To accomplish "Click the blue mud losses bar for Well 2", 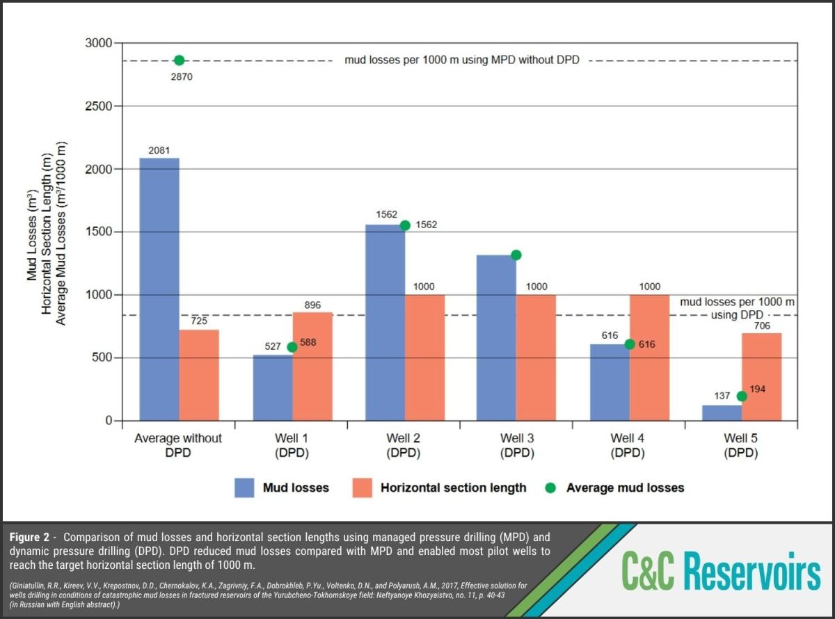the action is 385,323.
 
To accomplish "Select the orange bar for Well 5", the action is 761,377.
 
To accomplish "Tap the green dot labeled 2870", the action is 180,61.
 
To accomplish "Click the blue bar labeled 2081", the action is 159,289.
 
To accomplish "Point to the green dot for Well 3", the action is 516,255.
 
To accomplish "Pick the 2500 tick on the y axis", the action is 99,106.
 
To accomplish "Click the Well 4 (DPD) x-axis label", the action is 628,445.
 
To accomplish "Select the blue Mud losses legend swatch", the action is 244,488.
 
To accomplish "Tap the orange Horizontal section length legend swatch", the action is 362,488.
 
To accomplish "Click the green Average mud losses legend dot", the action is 550,488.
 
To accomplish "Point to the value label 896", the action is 312,305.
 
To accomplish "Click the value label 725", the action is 199,321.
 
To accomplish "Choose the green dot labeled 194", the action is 742,396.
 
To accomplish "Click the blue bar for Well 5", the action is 722,413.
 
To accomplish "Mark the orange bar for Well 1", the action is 312,367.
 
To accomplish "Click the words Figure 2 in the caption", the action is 29,537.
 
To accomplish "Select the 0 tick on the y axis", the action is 109,420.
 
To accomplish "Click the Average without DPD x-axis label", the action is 178,445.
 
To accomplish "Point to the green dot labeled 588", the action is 292,347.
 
